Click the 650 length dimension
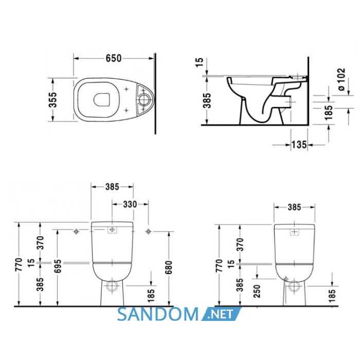pos(114,58)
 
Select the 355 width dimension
pos(53,100)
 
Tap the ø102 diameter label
pos(341,79)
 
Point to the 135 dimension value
pos(299,145)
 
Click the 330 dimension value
pos(130,204)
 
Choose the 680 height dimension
pos(169,267)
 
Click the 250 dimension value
pos(257,291)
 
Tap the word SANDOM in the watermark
pos(158,314)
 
